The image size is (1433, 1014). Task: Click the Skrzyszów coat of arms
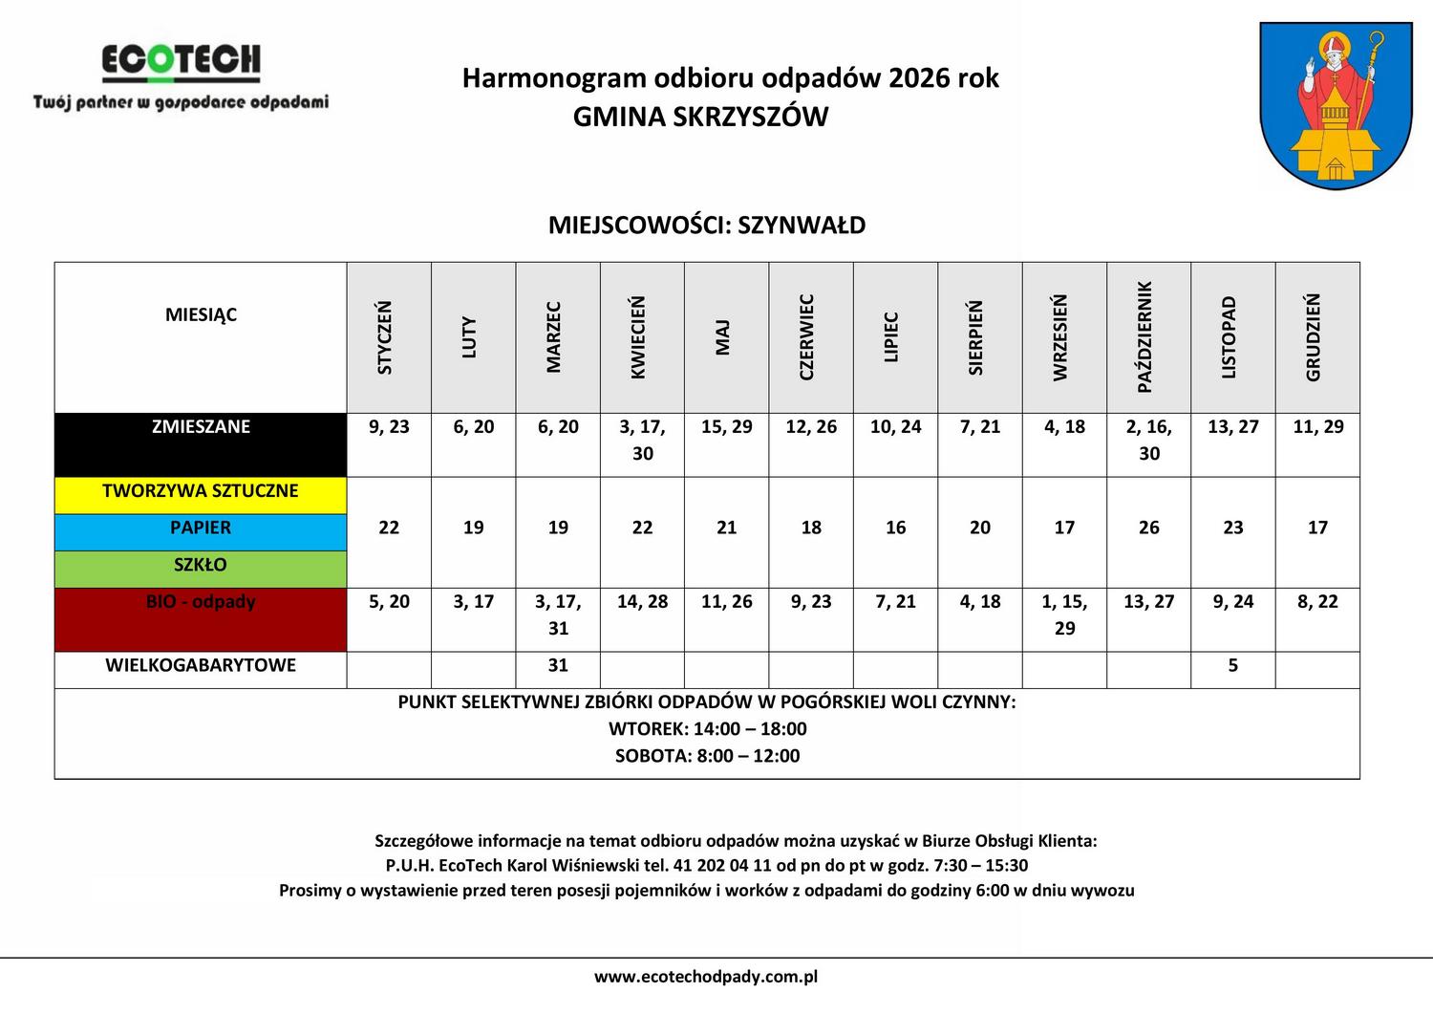pyautogui.click(x=1336, y=105)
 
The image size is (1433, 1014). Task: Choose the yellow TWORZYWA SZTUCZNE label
pyautogui.click(x=201, y=491)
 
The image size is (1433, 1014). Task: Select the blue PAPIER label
pyautogui.click(x=201, y=529)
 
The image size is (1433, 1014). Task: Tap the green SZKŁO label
pyautogui.click(x=201, y=566)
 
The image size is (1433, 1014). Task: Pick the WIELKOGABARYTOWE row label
pyautogui.click(x=201, y=666)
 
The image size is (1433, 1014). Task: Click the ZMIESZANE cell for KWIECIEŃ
pyautogui.click(x=643, y=441)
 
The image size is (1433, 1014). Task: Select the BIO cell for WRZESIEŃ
pyautogui.click(x=1064, y=615)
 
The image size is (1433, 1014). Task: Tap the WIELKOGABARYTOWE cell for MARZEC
pyautogui.click(x=558, y=666)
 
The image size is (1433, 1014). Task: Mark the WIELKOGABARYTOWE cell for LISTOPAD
pyautogui.click(x=1232, y=666)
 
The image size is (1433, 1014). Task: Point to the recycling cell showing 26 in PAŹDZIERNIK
pyautogui.click(x=1148, y=529)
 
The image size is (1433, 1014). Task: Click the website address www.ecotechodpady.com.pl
pyautogui.click(x=706, y=977)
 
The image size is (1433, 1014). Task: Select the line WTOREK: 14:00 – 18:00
pyautogui.click(x=707, y=729)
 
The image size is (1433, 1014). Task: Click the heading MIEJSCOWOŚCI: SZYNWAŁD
pyautogui.click(x=707, y=226)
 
